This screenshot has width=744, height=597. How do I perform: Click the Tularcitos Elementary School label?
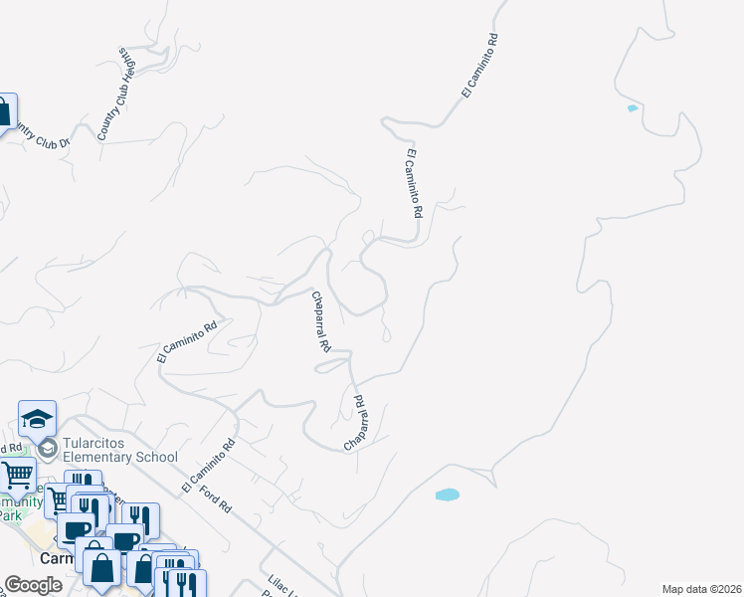tap(119, 450)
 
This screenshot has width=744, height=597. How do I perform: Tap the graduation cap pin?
tap(37, 418)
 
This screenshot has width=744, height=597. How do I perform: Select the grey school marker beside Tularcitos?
tap(47, 450)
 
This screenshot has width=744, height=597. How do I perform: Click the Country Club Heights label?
tap(116, 93)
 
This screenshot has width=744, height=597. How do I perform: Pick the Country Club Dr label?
tap(36, 138)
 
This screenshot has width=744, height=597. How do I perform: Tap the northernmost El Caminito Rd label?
tap(478, 66)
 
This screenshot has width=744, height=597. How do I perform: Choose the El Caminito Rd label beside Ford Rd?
tap(208, 467)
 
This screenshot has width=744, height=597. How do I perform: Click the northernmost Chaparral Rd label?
tap(319, 323)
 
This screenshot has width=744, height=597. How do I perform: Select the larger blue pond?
tap(448, 495)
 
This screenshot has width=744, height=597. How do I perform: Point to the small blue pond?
tap(632, 108)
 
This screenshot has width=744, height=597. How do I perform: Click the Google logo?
tap(33, 585)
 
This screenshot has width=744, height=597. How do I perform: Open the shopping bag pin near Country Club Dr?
tap(4, 110)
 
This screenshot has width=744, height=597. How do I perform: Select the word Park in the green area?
tap(9, 515)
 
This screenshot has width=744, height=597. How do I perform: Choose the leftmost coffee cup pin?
tap(76, 530)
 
